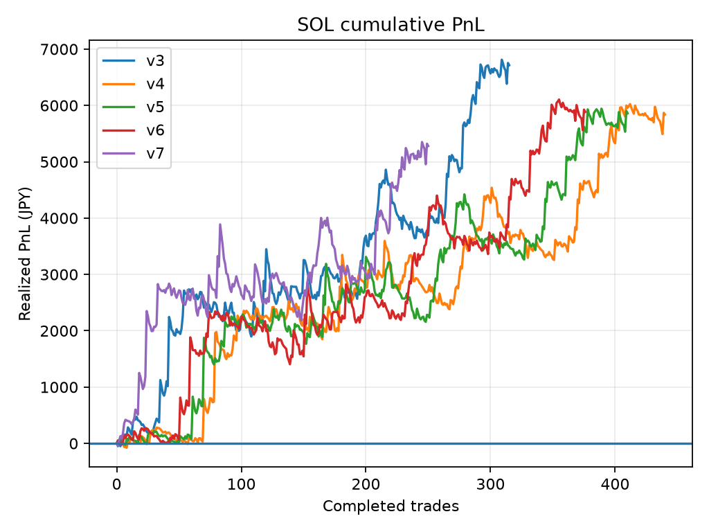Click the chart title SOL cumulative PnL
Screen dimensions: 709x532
tap(391, 24)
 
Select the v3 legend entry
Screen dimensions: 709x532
tap(133, 61)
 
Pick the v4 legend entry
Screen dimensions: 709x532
tap(133, 84)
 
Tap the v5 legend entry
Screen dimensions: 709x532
tap(133, 107)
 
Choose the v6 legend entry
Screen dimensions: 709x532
tap(133, 130)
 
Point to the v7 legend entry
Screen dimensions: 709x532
tap(133, 153)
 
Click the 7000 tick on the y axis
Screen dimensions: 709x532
tap(60, 49)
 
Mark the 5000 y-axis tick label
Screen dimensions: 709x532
tap(60, 162)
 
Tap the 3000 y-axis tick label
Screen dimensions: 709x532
tap(60, 274)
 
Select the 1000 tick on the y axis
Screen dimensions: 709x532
tap(60, 387)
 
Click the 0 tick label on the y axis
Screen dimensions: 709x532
tap(73, 444)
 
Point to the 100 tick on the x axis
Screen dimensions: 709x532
tap(242, 484)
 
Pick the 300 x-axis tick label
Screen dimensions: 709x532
tap(490, 484)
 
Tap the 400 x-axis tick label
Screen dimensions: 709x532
tap(615, 484)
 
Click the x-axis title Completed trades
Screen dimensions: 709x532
tap(391, 506)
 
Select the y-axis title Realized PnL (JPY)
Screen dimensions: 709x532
tap(25, 254)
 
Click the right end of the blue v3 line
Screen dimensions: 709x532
tap(510, 64)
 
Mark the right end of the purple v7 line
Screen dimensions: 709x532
tap(428, 145)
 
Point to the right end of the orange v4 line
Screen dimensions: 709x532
tap(665, 115)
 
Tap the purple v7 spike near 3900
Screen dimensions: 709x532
tap(220, 224)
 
